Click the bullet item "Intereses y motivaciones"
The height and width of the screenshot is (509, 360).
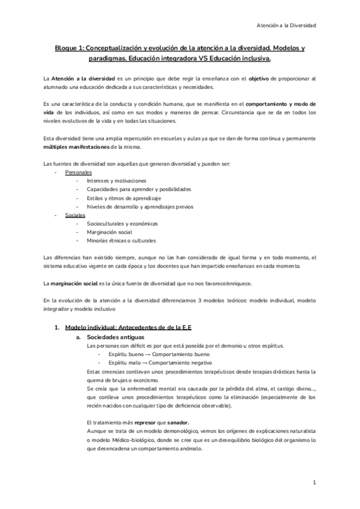[116, 181]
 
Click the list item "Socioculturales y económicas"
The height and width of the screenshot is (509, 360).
[122, 223]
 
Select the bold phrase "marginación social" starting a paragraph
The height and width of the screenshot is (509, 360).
[74, 283]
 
